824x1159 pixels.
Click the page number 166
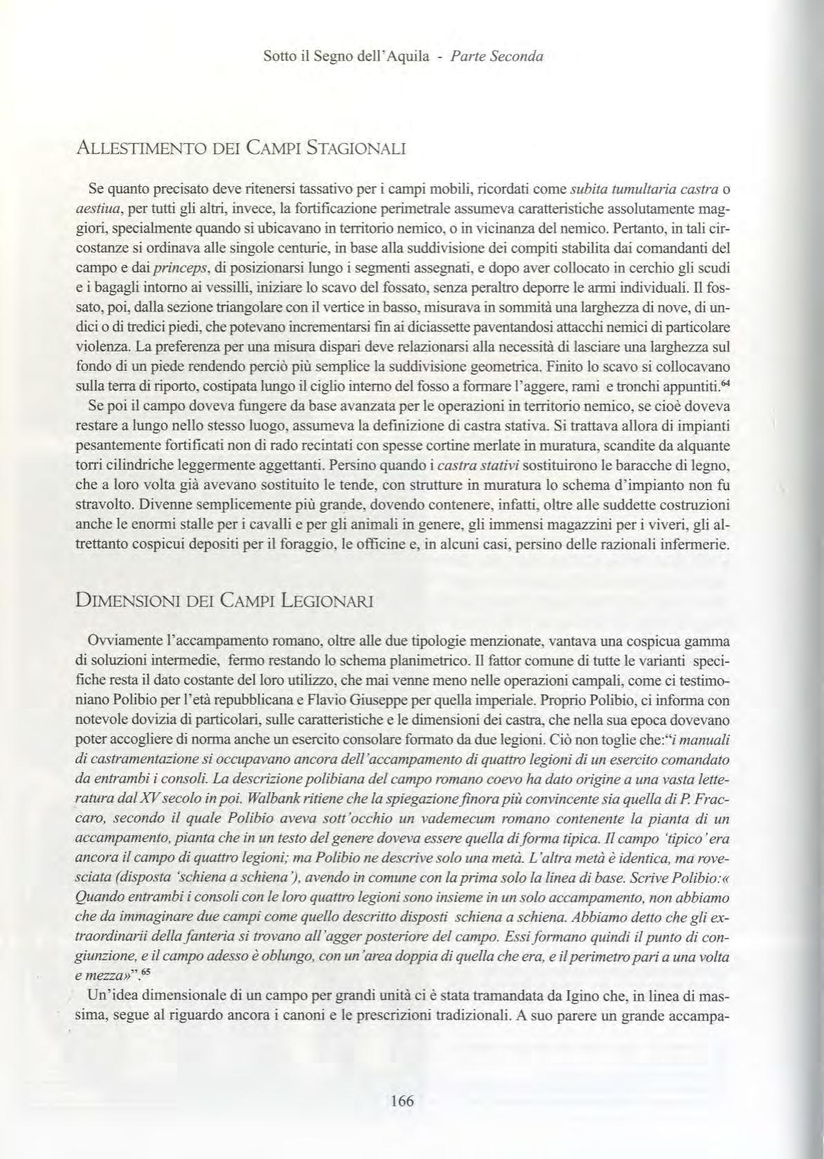(402, 1101)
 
